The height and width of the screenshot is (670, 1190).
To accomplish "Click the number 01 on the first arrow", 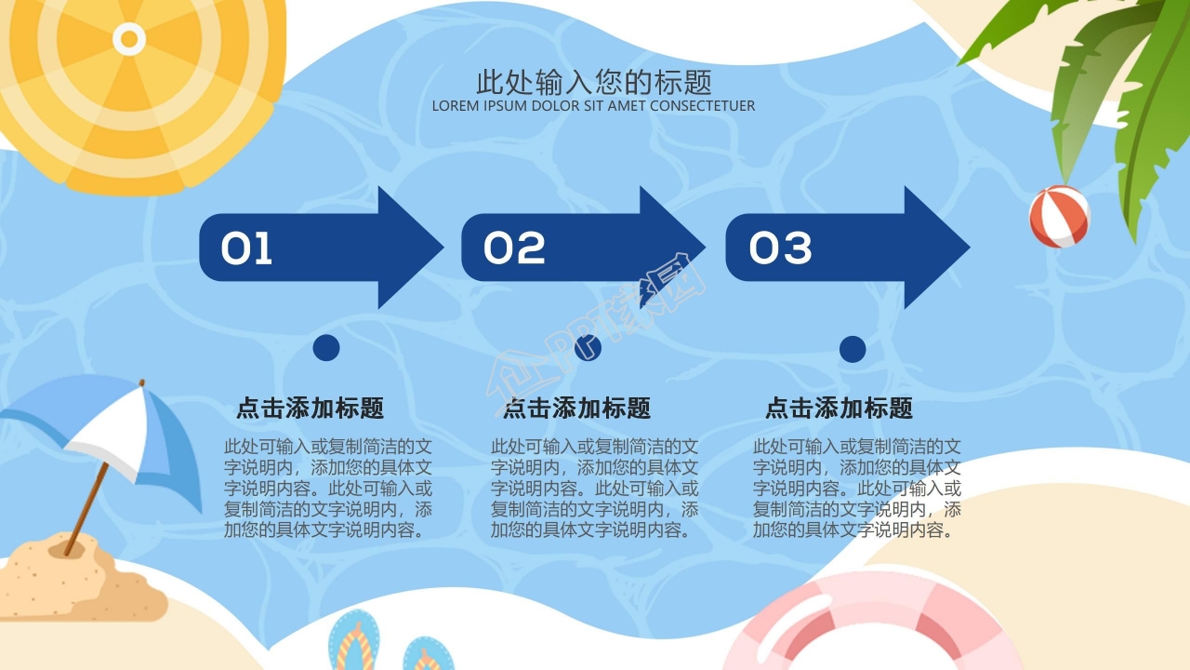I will (246, 248).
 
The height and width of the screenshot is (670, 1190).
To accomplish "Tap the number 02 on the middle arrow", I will (514, 248).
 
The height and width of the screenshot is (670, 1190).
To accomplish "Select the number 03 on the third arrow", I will (781, 248).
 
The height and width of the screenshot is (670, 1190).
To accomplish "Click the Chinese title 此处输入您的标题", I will (594, 82).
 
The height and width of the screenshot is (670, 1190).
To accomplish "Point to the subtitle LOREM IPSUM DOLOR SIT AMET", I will (593, 106).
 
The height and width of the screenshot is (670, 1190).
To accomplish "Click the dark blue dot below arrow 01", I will (326, 348).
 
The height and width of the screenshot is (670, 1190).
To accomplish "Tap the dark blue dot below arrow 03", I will (853, 349).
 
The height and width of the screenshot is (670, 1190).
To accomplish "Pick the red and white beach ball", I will (1059, 216).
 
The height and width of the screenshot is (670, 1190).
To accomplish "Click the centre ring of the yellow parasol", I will (129, 38).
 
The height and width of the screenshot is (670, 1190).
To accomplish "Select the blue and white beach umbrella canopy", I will (112, 428).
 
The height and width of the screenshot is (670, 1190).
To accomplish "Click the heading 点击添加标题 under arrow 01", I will (310, 408).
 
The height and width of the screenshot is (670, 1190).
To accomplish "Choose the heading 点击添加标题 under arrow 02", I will (576, 408).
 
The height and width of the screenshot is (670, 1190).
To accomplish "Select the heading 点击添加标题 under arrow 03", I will (839, 408).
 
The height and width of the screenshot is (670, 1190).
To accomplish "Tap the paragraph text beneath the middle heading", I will (595, 488).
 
